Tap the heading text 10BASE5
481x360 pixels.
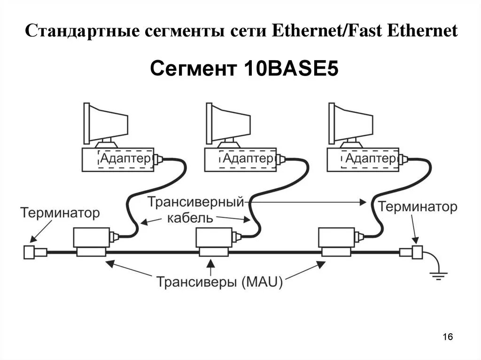point(290,69)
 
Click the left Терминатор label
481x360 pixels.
point(60,213)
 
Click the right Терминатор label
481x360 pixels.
point(418,207)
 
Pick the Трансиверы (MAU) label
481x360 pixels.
point(219,282)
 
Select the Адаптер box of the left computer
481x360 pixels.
point(126,158)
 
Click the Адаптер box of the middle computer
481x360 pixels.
point(248,158)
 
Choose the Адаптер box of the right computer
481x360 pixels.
point(371,158)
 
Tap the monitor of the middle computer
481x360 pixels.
point(229,123)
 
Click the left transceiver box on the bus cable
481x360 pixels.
point(91,242)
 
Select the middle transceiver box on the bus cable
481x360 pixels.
point(214,242)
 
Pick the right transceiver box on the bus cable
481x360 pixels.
point(336,242)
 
